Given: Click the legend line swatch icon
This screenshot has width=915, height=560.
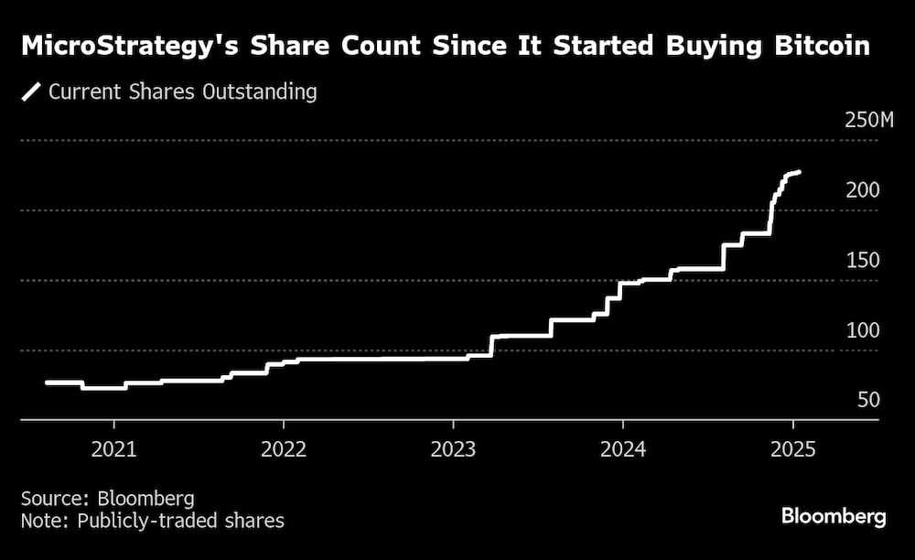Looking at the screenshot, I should [x=31, y=92].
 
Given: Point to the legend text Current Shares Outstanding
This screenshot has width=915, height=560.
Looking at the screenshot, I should [x=183, y=92].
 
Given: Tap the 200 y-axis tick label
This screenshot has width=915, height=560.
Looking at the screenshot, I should [x=863, y=190].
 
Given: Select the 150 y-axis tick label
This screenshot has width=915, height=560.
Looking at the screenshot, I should [x=863, y=261].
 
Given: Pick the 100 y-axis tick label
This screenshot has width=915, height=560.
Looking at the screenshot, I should [x=863, y=330].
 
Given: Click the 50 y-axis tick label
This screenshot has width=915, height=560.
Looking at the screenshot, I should [x=867, y=401].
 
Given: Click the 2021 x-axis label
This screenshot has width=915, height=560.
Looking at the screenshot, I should [x=113, y=449].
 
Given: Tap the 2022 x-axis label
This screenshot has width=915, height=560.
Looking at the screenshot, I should [x=283, y=449].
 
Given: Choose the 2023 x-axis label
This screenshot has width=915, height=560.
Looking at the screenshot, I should [x=453, y=449].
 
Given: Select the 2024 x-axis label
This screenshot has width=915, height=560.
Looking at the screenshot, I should [x=622, y=449].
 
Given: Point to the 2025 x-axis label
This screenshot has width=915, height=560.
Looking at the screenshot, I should [x=792, y=449].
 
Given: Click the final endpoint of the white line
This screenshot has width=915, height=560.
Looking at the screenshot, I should [x=800, y=172].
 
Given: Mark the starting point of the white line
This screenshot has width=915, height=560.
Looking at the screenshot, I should [x=47, y=382].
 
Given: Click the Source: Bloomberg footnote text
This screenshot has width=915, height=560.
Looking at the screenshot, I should [x=108, y=499].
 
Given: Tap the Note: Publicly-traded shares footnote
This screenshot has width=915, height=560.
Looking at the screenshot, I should [x=153, y=521].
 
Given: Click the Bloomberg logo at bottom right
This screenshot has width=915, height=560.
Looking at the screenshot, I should [x=834, y=516].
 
